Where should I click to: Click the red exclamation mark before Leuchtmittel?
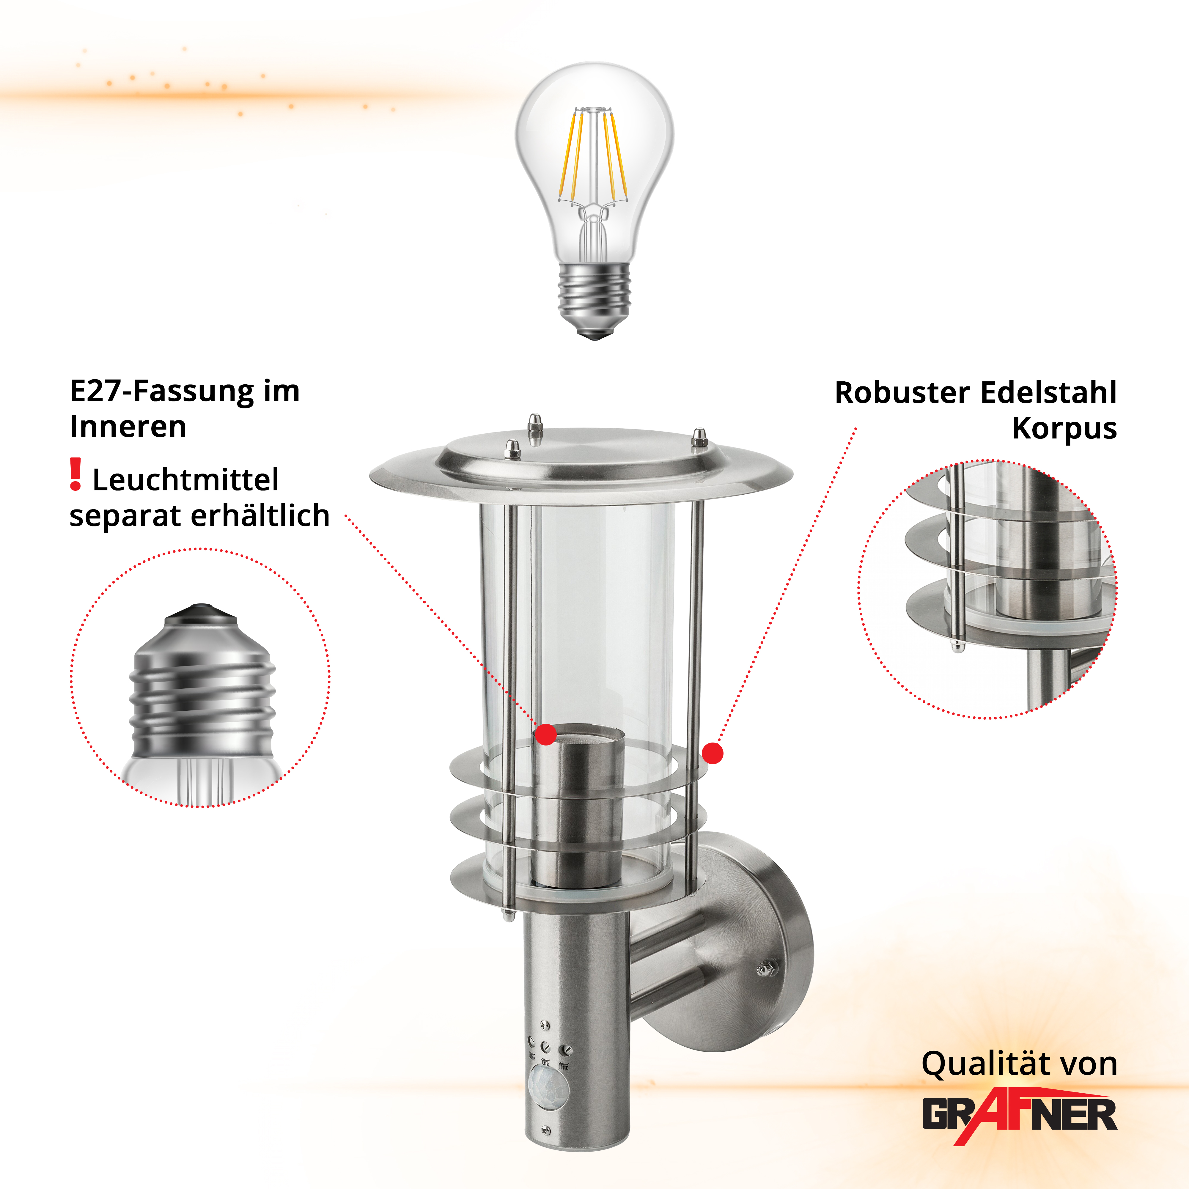pyautogui.click(x=76, y=474)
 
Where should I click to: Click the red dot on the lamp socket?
pyautogui.click(x=546, y=734)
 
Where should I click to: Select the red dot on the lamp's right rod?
pyautogui.click(x=713, y=753)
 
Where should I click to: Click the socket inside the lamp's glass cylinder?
pyautogui.click(x=578, y=806)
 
